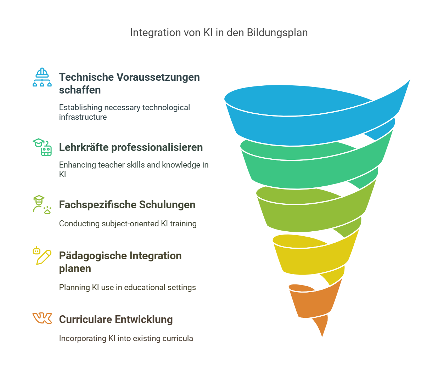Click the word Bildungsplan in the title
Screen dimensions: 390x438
[277, 33]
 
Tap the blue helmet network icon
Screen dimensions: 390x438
[42, 77]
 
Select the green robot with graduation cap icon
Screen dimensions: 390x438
[43, 147]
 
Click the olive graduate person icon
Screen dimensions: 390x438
[42, 204]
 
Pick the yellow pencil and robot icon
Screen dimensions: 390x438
[42, 256]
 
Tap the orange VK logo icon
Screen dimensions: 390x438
[42, 318]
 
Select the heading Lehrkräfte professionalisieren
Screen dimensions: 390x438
[131, 147]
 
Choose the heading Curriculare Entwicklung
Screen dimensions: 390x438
[116, 320]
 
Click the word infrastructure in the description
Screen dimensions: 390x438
[83, 117]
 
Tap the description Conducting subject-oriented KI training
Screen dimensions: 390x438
[128, 224]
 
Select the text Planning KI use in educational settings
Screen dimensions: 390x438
[127, 287]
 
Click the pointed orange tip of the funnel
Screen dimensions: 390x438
[321, 331]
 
